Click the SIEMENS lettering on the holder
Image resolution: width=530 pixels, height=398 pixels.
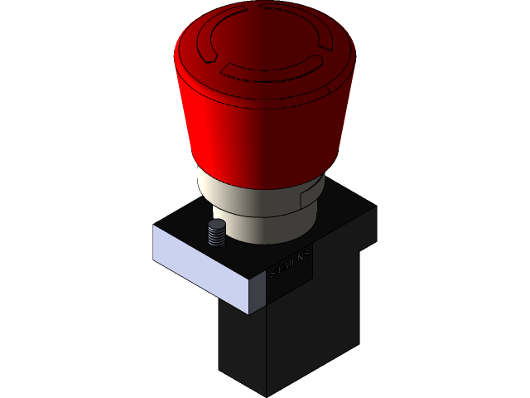[291, 263]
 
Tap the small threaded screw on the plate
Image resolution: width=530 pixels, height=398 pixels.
[216, 235]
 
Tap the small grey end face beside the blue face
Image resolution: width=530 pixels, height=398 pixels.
[258, 297]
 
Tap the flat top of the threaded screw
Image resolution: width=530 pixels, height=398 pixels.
[216, 226]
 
